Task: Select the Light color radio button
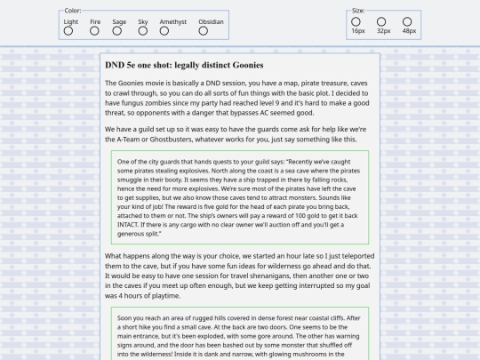[x=68, y=31]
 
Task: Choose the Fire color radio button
[x=94, y=31]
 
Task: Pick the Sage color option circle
[x=118, y=31]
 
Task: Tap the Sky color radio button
[x=142, y=31]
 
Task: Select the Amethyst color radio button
[x=173, y=31]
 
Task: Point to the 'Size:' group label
[x=358, y=11]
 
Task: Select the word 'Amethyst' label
[x=173, y=21]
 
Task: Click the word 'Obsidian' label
[x=211, y=21]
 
